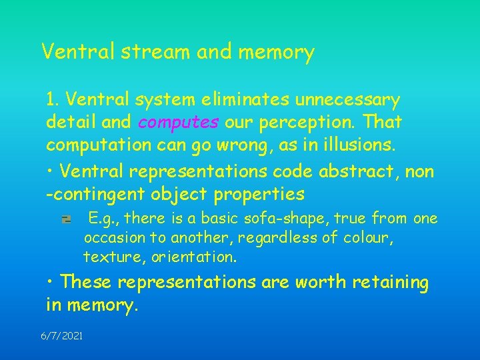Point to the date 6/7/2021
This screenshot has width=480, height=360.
(x=62, y=337)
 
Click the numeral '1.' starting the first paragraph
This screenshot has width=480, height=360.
(x=53, y=101)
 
